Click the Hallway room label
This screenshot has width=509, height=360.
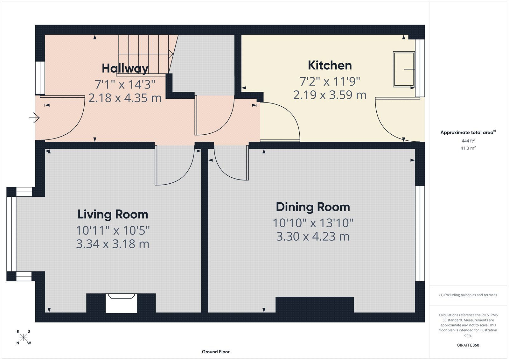125,68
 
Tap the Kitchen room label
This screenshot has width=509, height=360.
330,65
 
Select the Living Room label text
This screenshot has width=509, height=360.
113,214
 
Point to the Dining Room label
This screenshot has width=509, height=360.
313,207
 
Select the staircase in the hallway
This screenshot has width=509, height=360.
145,54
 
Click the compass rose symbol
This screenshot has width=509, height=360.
23,337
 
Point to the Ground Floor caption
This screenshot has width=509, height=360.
215,352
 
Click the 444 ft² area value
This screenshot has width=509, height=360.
468,141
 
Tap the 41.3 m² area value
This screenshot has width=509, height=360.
468,148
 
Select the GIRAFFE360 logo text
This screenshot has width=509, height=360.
468,345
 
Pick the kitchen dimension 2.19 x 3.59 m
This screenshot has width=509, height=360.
330,95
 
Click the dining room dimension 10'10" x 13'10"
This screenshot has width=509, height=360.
313,223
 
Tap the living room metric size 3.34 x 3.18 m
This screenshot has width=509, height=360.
113,244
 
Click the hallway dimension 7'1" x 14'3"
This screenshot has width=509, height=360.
125,84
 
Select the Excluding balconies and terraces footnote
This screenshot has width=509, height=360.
468,295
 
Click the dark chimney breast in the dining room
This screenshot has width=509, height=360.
314,305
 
